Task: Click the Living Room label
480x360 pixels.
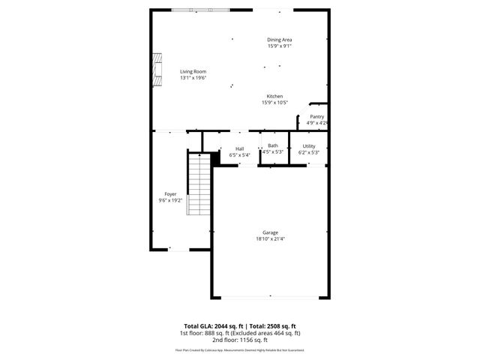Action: pos(193,72)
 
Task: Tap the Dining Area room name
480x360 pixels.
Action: pos(279,40)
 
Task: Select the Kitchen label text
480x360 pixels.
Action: pos(274,97)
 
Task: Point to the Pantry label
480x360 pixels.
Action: pos(317,117)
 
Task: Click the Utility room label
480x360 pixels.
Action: pos(309,146)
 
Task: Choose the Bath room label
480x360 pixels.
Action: pos(273,145)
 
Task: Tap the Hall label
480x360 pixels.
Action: pos(239,148)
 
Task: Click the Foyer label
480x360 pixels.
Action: pos(171,194)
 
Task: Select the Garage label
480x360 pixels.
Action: pos(270,232)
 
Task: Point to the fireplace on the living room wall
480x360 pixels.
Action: pos(157,70)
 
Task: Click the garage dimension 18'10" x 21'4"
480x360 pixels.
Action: pos(270,239)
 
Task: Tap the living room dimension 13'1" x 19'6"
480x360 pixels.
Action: pos(193,78)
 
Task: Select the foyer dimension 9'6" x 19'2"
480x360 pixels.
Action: pos(171,200)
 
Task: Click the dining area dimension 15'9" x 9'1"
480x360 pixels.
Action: pos(279,46)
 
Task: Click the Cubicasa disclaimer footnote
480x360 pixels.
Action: pos(239,349)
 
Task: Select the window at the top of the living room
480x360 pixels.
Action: pos(201,9)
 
